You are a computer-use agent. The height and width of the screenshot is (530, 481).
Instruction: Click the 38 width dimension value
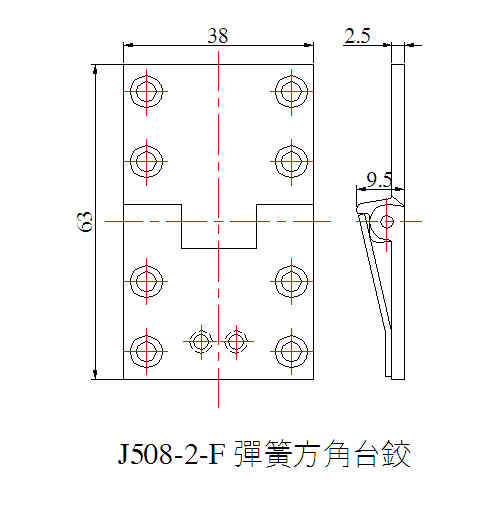point(218,35)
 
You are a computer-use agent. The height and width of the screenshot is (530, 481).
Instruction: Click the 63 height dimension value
point(85,221)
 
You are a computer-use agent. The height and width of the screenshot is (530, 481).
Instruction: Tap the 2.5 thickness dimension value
point(357,35)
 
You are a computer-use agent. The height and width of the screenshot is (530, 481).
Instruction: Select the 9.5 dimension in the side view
point(379,179)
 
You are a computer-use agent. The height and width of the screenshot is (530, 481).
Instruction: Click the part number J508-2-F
point(171,454)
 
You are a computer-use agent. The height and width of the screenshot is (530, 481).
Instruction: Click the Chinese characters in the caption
point(322,454)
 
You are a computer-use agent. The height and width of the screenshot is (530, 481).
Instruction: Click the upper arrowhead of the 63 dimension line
point(95,69)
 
